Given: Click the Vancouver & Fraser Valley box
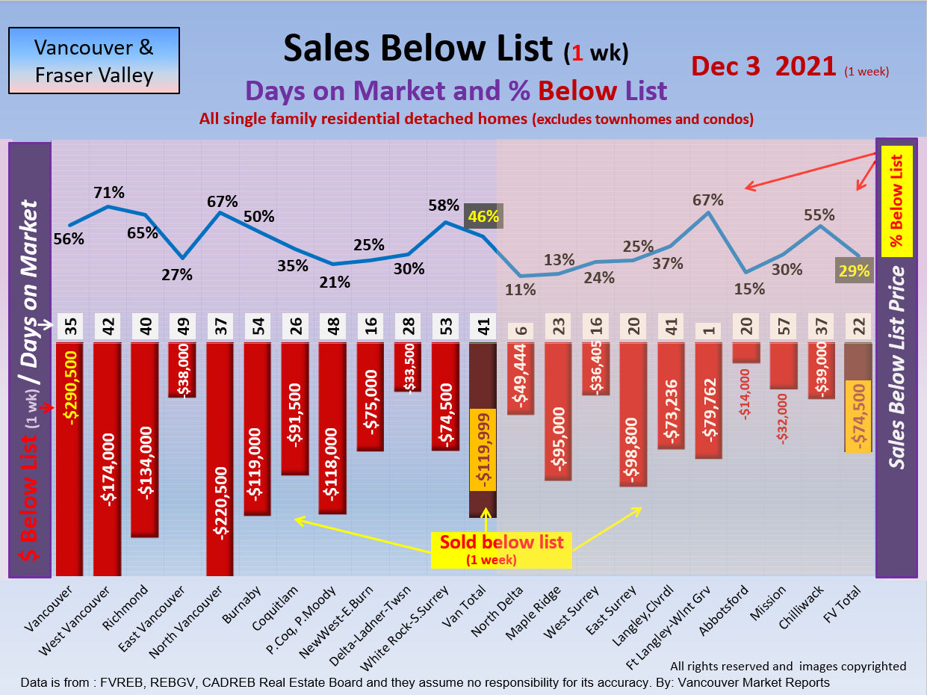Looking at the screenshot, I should [93, 61].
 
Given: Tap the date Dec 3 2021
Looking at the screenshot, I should [763, 67].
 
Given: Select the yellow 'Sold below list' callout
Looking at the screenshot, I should [501, 549].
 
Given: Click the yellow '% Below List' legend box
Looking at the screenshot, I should [896, 201].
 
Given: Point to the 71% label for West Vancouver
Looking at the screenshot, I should [109, 193].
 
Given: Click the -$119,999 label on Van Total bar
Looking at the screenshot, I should [483, 450].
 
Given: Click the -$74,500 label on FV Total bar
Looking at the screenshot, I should [858, 416].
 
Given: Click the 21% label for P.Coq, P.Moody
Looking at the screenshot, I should [335, 282].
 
